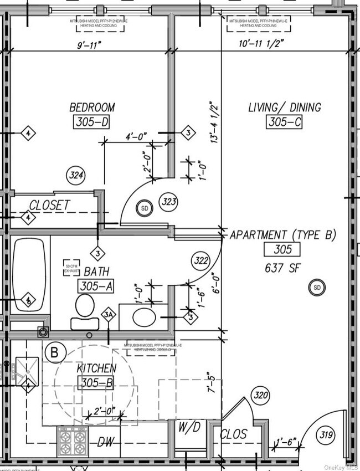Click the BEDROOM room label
coord(92,107)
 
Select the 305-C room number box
coord(284,123)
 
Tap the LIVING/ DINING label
coord(284,107)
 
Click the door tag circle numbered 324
coord(76,176)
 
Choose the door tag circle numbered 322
coord(201,260)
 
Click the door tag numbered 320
coord(260,395)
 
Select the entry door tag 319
coord(326,436)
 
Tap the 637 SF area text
coord(283,268)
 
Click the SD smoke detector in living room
coord(317,288)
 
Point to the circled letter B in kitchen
coord(55,352)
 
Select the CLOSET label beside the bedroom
coord(49,205)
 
